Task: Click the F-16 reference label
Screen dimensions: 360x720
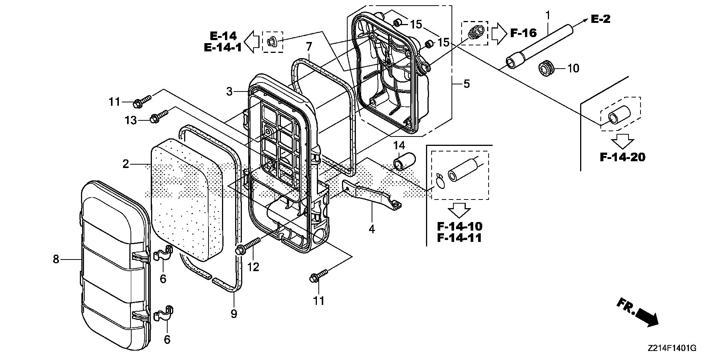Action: point(523,33)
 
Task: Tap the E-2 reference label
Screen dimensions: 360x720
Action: point(600,19)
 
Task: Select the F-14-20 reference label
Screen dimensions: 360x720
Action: point(622,157)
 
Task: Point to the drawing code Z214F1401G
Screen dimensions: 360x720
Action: point(672,348)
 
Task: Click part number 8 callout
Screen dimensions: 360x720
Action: point(56,259)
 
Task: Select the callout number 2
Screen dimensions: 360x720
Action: point(126,164)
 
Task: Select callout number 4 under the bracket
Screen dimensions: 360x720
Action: point(372,229)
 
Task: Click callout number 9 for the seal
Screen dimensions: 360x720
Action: point(234,313)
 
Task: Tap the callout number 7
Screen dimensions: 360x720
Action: point(309,47)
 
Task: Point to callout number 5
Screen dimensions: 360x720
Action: point(466,83)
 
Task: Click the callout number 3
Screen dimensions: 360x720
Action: point(229,91)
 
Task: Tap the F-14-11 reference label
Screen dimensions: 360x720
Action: point(459,238)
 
